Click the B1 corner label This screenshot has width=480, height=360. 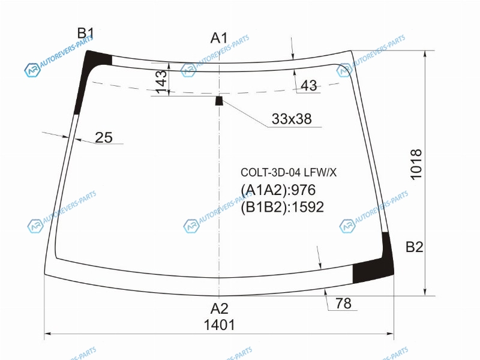tap(85, 33)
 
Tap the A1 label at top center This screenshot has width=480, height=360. tap(219, 38)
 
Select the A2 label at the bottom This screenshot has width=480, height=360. tap(220, 309)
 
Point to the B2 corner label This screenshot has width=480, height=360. tap(414, 247)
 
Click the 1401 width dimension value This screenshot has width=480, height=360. tap(220, 325)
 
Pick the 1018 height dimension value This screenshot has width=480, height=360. tap(416, 164)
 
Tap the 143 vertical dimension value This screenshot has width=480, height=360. tap(161, 82)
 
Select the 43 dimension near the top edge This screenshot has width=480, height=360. tap(309, 85)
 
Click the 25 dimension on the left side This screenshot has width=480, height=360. tap(104, 137)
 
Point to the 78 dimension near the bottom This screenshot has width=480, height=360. tap(343, 304)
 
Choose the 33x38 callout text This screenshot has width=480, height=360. tap(292, 119)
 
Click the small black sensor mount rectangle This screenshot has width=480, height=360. tap(219, 101)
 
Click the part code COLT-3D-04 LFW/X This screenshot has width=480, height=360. tap(289, 173)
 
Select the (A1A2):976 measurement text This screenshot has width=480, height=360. tap(278, 190)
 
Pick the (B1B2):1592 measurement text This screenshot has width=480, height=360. tap(282, 207)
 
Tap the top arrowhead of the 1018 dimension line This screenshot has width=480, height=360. tap(425, 54)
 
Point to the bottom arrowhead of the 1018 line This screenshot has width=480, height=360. tap(425, 292)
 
